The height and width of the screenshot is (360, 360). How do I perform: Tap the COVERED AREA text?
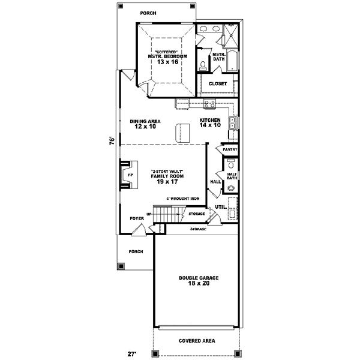197,341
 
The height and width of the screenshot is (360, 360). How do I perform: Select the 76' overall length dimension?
111,141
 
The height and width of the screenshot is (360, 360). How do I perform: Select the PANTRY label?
230,149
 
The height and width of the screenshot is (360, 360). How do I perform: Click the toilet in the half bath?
230,188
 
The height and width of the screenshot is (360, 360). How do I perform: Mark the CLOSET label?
218,84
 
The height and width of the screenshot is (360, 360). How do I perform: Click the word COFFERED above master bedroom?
167,52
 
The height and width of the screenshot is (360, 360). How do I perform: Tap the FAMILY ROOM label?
167,176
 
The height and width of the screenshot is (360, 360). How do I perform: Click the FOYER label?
137,218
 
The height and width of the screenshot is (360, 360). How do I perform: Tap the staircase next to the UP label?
166,214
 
